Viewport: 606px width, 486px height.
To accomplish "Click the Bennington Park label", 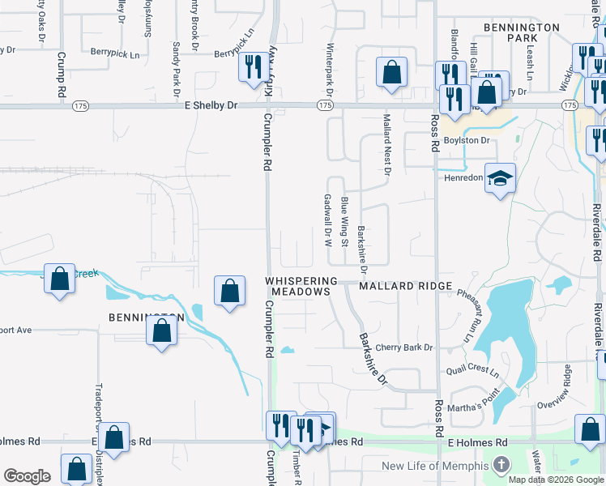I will [x=522, y=32].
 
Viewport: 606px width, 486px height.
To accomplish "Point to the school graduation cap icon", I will [x=501, y=178].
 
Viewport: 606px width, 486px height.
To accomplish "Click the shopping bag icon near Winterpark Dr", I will [x=392, y=71].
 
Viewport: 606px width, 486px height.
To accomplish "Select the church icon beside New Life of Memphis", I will [x=501, y=466].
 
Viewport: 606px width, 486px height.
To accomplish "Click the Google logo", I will [x=27, y=476].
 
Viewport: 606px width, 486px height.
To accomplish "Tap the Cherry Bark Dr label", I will [x=404, y=347].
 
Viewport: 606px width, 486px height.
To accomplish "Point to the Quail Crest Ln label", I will [x=473, y=370].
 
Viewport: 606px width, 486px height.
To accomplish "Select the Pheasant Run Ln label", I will [x=468, y=314].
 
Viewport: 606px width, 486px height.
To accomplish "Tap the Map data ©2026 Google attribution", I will [x=556, y=480].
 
